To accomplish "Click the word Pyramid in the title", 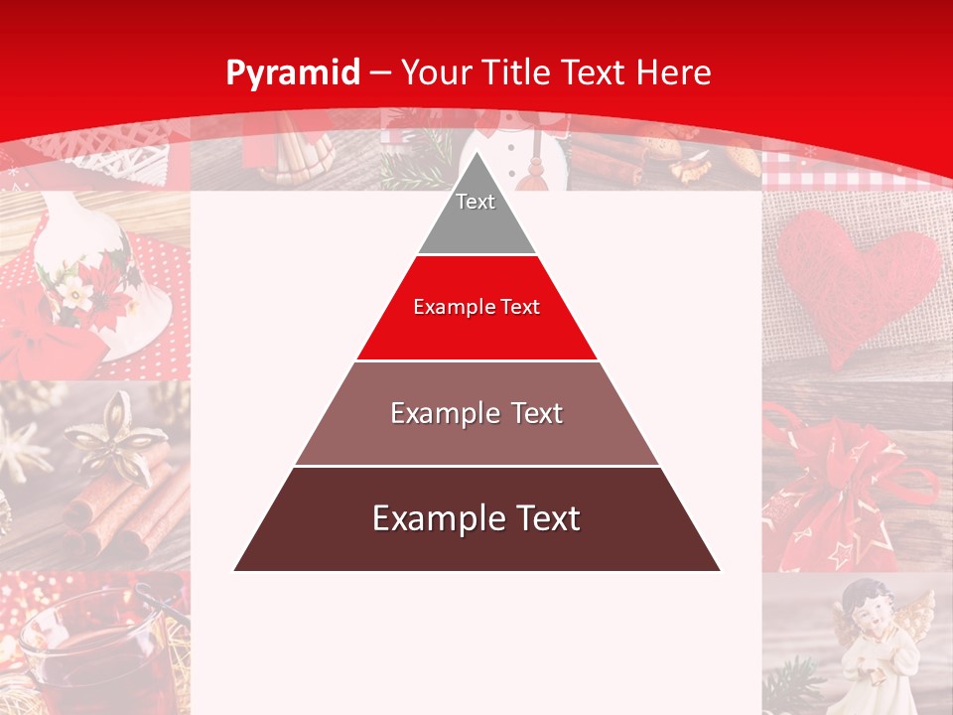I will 292,72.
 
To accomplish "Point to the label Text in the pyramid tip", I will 476,202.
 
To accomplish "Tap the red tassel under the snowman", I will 534,174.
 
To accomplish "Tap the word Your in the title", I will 435,72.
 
